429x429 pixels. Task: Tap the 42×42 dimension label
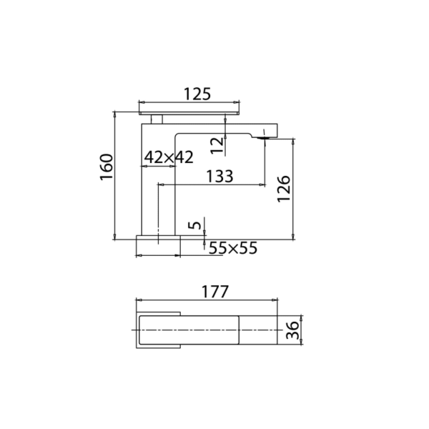[169, 157]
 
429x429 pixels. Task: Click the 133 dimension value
[220, 177]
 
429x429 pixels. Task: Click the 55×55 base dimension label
[232, 248]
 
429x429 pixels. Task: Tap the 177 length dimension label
[214, 292]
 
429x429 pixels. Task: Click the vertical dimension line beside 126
[293, 189]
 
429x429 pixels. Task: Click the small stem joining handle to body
[157, 118]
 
